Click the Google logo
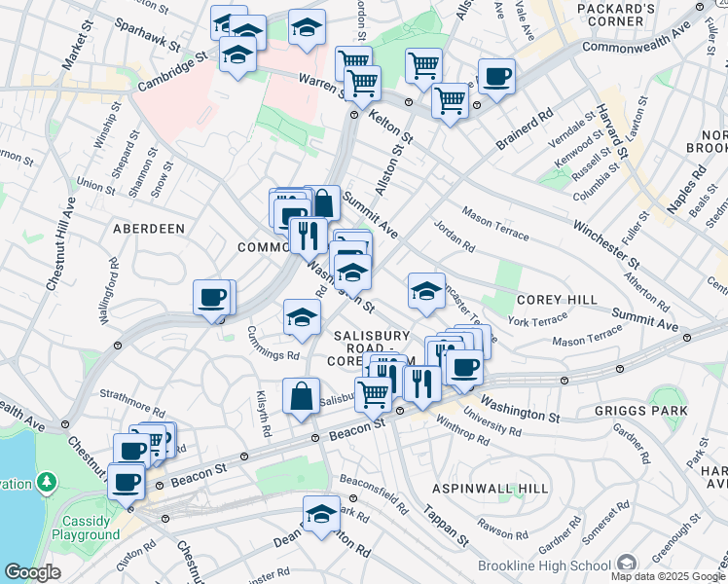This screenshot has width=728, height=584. point(32,572)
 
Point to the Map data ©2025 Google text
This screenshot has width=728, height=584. point(667,576)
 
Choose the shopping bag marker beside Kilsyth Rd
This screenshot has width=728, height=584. point(301,395)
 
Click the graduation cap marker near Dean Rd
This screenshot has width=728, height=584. point(321,513)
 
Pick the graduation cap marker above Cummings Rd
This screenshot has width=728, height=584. point(302,316)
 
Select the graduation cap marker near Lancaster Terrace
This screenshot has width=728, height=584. point(426,289)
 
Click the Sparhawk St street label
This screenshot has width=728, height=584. point(146,35)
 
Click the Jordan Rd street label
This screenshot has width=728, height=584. point(454,239)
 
